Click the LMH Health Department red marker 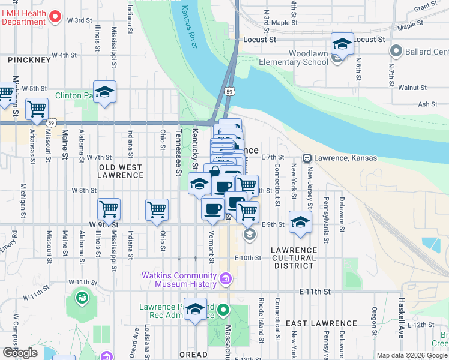(55, 16)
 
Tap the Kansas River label (189, 26)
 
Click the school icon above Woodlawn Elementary (342, 44)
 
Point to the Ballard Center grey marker (396, 51)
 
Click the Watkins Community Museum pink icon (226, 278)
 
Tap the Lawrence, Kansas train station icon (307, 158)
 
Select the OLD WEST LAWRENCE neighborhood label (121, 171)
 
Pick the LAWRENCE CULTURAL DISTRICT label (294, 254)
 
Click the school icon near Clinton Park (104, 92)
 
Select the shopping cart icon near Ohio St (157, 210)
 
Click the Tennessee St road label (178, 155)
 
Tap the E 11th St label (315, 292)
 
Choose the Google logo (20, 353)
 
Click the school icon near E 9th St (300, 223)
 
